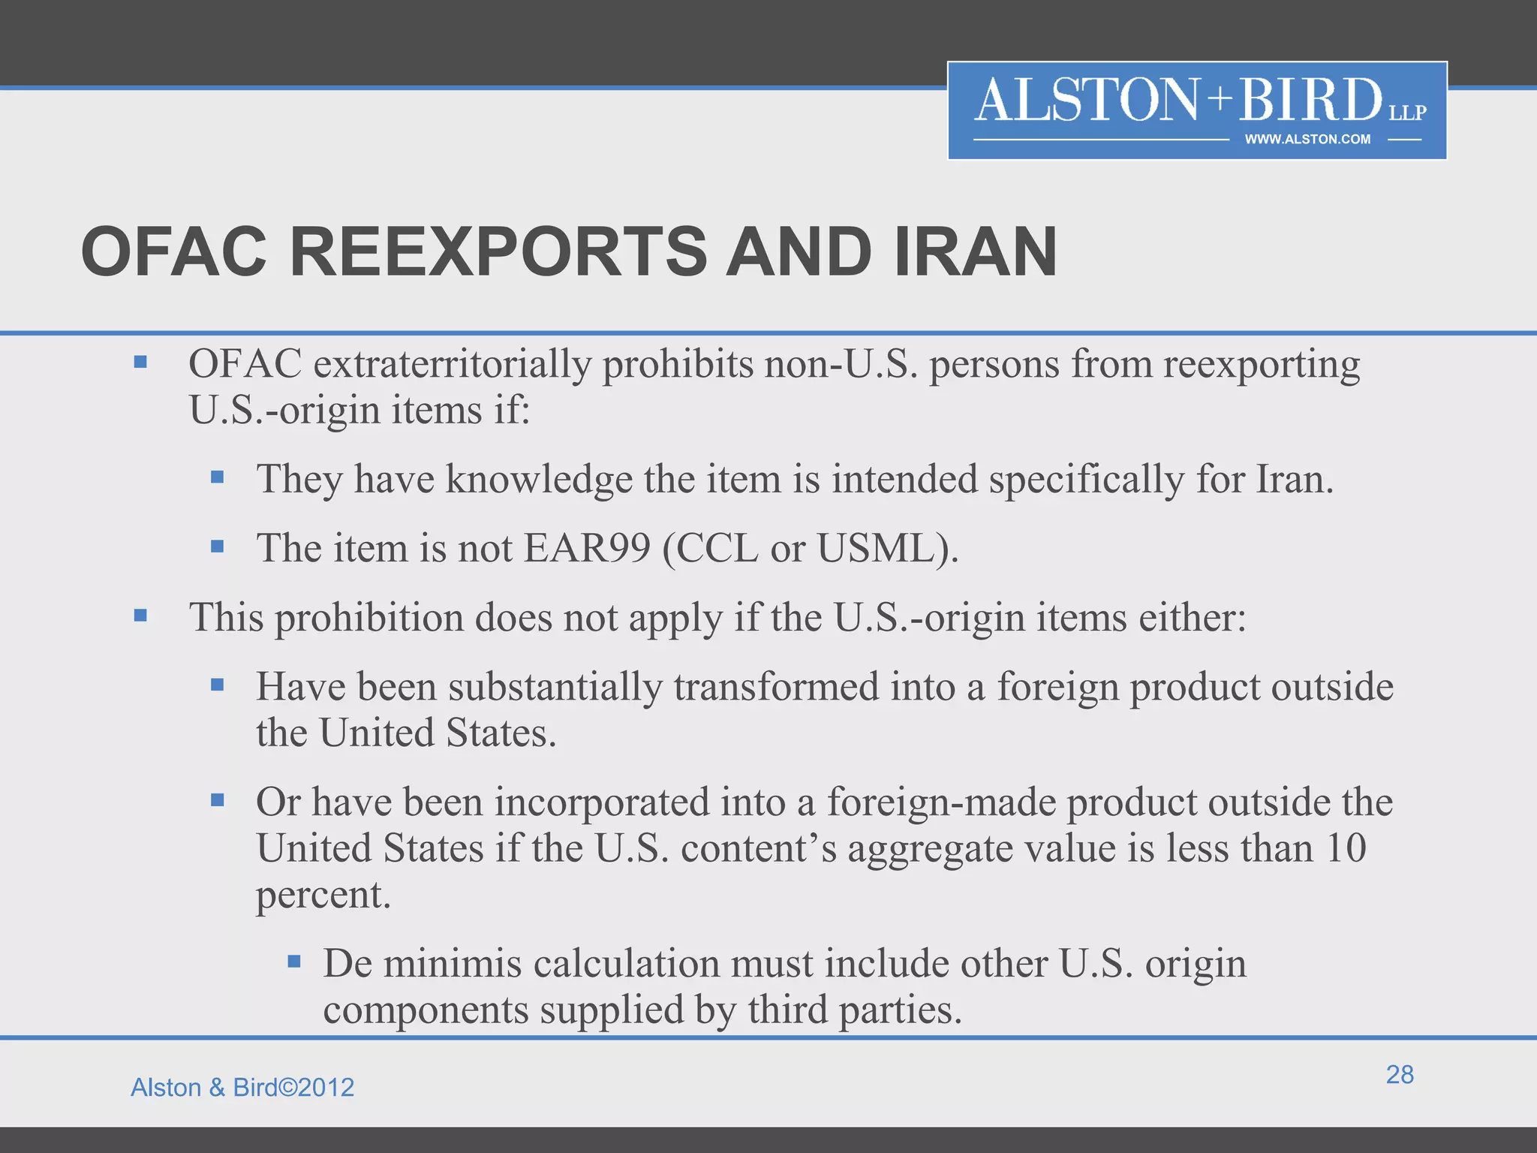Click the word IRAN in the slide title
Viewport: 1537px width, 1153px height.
975,252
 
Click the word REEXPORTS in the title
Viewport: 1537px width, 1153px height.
497,252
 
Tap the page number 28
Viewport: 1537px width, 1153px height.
1400,1074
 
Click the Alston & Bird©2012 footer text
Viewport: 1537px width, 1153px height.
242,1087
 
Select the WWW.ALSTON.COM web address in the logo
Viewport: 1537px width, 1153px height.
1307,139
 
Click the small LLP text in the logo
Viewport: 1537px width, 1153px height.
1407,113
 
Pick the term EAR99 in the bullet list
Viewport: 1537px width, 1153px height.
587,548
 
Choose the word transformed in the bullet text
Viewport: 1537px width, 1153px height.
776,686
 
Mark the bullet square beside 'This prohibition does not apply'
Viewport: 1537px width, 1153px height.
140,616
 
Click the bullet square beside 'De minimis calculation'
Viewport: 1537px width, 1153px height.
294,961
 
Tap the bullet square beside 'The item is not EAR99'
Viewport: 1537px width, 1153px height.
218,546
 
